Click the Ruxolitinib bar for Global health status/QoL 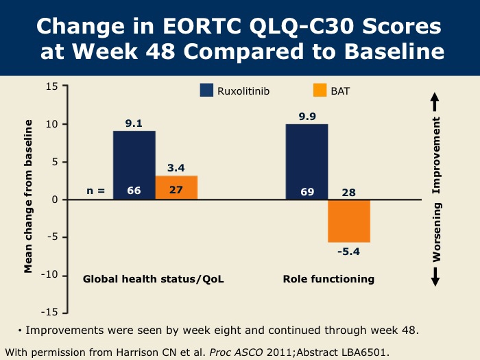click(x=134, y=165)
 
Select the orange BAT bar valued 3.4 click(x=176, y=187)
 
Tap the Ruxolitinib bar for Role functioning click(x=307, y=162)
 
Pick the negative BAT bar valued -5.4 click(x=349, y=221)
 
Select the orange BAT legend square click(x=320, y=91)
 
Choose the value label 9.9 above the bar click(x=307, y=116)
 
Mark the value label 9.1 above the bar click(x=134, y=123)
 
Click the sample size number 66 click(x=134, y=191)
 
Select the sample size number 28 click(x=349, y=192)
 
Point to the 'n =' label click(x=95, y=191)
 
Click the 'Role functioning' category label click(x=328, y=279)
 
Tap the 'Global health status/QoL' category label click(x=153, y=279)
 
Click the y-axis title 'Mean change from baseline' click(x=29, y=196)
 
